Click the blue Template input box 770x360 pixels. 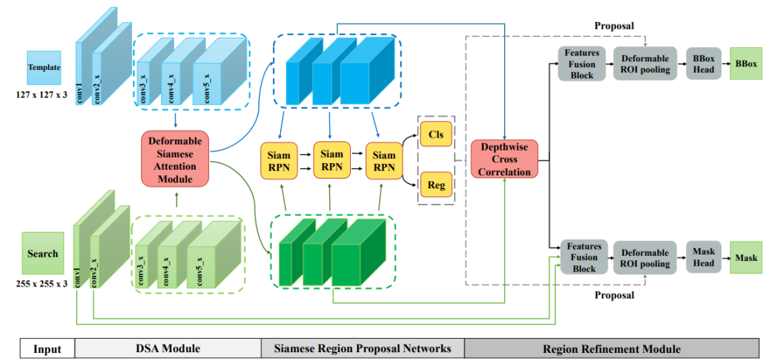[x=43, y=68]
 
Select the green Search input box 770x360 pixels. [x=43, y=253]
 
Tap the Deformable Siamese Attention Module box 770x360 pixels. [x=175, y=158]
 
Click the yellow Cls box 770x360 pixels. [x=436, y=134]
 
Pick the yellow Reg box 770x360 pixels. [x=436, y=185]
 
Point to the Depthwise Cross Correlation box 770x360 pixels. [x=505, y=159]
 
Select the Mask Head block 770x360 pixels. [x=703, y=257]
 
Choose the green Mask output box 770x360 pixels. [x=746, y=257]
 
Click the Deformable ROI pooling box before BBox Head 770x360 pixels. [x=645, y=63]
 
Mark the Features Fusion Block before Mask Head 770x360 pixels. [x=583, y=257]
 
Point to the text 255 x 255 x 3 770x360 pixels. [x=41, y=283]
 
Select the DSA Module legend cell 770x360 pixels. [x=168, y=349]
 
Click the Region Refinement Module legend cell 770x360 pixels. [x=611, y=349]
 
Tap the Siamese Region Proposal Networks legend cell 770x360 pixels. [x=362, y=349]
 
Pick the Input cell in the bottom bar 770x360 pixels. [x=47, y=349]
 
